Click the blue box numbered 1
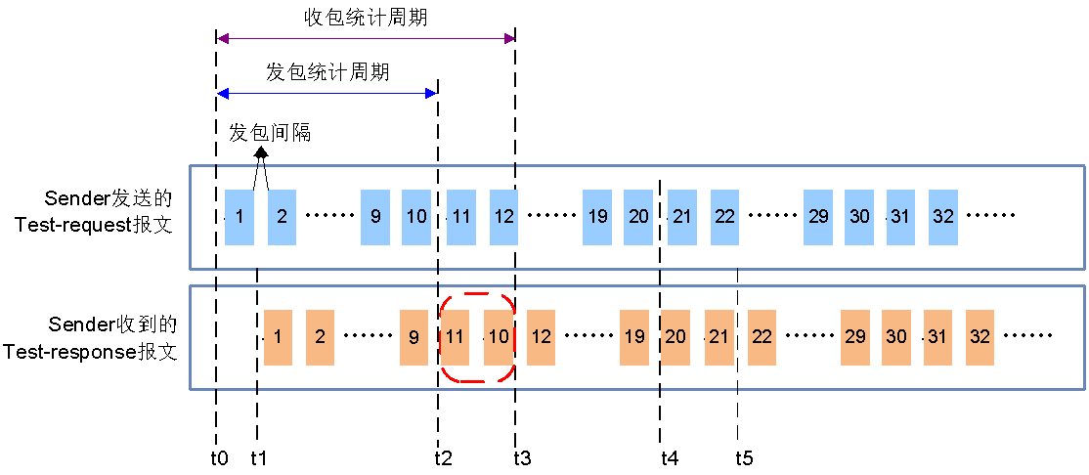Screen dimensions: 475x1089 click(x=240, y=217)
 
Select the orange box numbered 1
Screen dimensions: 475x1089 click(x=278, y=337)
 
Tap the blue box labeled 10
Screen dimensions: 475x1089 click(x=416, y=217)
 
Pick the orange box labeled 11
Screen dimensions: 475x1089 click(x=456, y=337)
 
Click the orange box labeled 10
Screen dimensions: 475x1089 click(x=499, y=337)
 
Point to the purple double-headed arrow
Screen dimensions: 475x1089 click(x=366, y=39)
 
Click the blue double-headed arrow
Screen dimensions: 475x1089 click(x=326, y=94)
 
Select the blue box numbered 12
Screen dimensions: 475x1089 click(x=503, y=217)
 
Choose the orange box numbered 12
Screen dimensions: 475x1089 click(x=541, y=337)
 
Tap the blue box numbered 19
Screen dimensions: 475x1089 click(x=597, y=217)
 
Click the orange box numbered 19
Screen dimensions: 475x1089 click(x=634, y=337)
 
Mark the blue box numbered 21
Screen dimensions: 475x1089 click(x=682, y=217)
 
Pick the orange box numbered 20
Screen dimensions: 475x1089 click(x=675, y=337)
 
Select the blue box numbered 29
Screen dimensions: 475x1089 click(x=818, y=217)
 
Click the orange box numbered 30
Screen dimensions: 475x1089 click(x=896, y=337)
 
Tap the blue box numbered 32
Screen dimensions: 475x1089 click(x=943, y=217)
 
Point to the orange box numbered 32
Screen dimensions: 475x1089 click(x=980, y=337)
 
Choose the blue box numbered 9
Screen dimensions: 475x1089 click(x=375, y=217)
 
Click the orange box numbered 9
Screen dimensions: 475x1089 click(x=414, y=337)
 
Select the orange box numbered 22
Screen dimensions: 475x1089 click(x=762, y=337)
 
